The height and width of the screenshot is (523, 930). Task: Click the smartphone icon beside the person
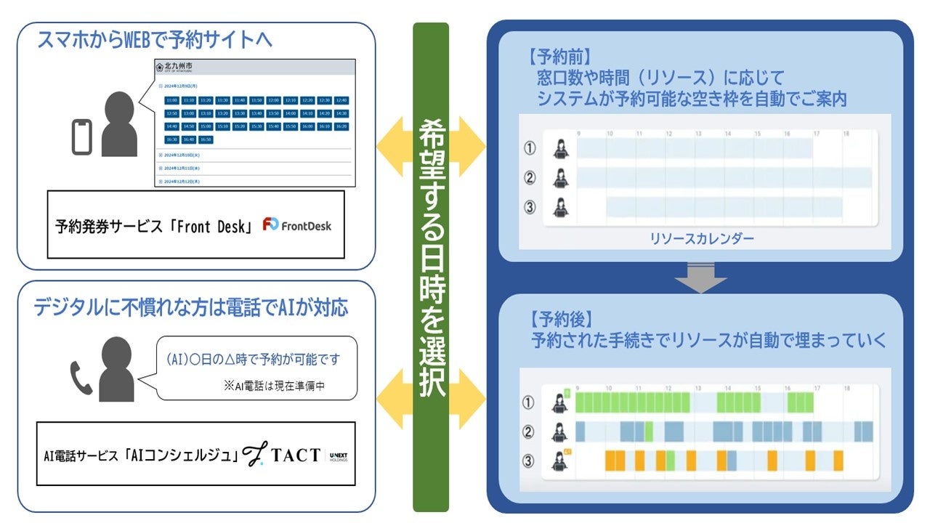pos(82,137)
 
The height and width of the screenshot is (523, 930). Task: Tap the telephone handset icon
pos(81,377)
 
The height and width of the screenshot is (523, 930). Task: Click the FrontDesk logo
pos(297,225)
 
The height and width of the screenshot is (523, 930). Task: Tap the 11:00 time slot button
pos(171,100)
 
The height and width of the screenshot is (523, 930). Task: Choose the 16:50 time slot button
pos(206,139)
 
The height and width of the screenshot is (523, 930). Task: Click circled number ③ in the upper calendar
pos(530,208)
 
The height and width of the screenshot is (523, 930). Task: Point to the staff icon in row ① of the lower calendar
pos(559,402)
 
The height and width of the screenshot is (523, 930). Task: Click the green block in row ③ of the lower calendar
pos(671,461)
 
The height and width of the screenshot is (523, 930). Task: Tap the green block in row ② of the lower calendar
pos(648,432)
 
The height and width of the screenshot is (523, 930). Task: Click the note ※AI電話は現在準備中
pos(274,386)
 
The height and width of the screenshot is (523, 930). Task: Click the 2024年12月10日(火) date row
pos(190,155)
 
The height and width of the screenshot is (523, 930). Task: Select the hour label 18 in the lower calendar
pos(846,389)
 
